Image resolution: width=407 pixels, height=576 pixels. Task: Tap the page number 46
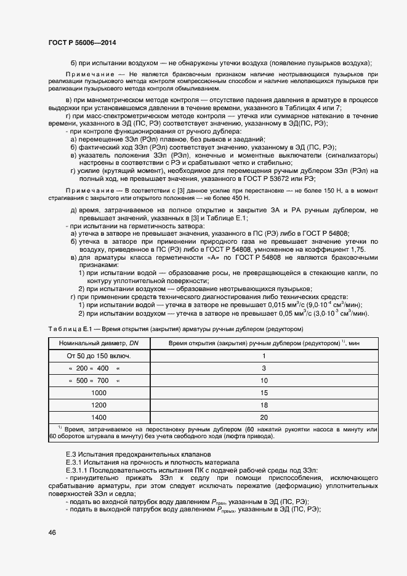[x=52, y=532]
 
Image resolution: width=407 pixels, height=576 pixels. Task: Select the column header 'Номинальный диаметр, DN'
[x=99, y=342]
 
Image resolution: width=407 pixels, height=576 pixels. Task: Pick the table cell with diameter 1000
[x=99, y=392]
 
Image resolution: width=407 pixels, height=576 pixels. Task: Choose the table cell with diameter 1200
[x=99, y=404]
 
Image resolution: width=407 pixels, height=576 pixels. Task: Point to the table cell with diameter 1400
[x=99, y=417]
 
